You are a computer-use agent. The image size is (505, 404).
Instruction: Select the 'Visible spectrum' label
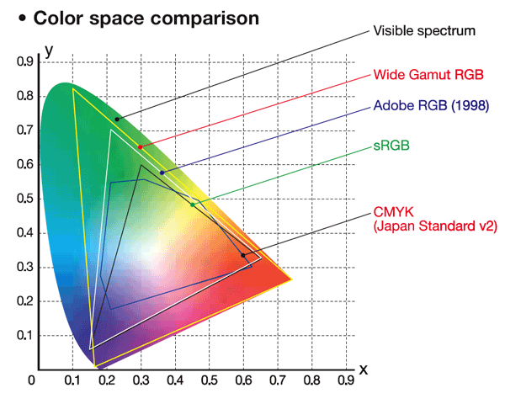click(x=424, y=31)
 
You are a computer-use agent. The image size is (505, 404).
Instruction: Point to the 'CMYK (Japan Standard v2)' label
click(x=434, y=219)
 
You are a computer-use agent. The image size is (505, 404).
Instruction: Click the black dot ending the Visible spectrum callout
click(x=118, y=119)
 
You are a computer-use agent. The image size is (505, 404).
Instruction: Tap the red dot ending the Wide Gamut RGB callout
click(x=140, y=146)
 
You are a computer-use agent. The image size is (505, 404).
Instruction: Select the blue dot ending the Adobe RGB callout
click(x=162, y=173)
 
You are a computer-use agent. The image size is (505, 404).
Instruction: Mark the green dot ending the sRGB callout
click(x=193, y=205)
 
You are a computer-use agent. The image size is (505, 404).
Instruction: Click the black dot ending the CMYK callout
click(x=244, y=255)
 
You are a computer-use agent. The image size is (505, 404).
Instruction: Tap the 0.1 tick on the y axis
click(x=24, y=336)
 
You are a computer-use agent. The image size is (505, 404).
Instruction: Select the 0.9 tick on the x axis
click(x=346, y=381)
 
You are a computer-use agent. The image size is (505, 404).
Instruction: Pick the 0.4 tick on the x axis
click(x=175, y=381)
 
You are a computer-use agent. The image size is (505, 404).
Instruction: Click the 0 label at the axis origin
click(x=32, y=381)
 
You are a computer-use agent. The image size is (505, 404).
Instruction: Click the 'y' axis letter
click(x=49, y=49)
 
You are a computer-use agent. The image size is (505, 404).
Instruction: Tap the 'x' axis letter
click(x=364, y=369)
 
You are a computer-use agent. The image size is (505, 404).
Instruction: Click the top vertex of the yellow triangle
click(x=73, y=88)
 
